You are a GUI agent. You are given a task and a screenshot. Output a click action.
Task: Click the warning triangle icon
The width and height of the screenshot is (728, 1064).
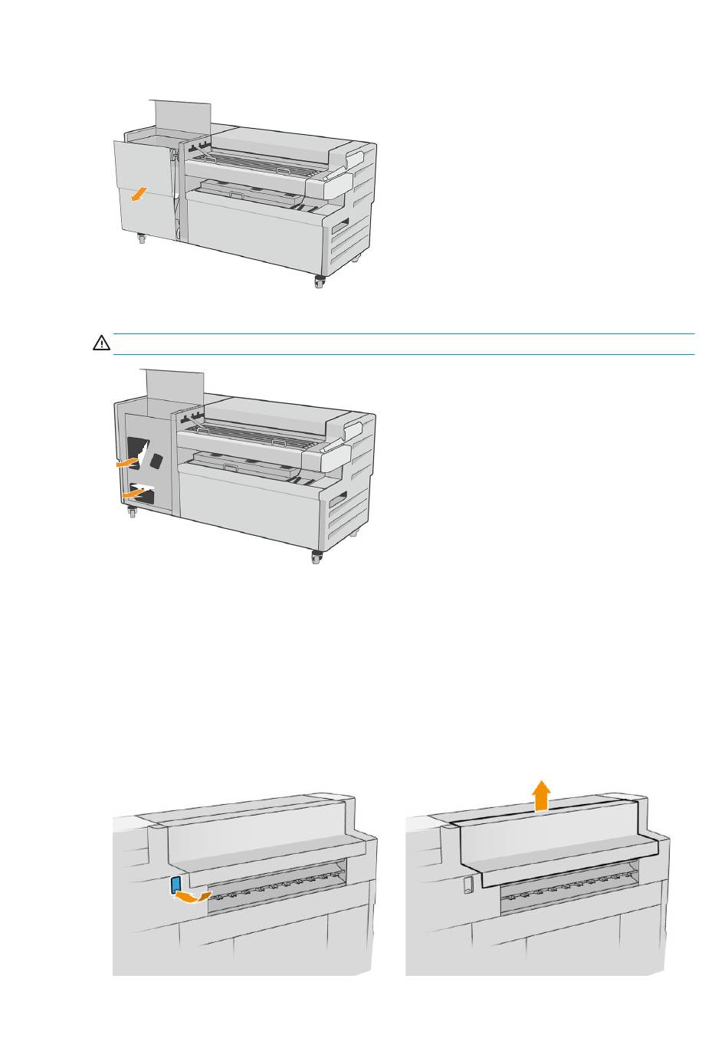point(101,344)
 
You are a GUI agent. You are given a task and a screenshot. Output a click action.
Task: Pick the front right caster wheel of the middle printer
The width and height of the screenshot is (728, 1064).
point(316,558)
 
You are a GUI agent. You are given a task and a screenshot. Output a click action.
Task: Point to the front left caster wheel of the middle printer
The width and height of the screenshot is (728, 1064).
point(133,514)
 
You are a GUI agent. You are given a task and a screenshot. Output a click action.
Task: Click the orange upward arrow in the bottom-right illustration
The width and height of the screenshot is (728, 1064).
point(542,795)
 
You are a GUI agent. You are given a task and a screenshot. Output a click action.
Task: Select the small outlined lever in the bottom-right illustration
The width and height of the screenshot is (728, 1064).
point(467,885)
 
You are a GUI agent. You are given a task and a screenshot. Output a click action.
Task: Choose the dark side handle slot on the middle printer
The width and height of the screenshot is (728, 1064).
point(336,501)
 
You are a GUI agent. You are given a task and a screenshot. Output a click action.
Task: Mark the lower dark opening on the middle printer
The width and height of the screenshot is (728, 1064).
point(143,494)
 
